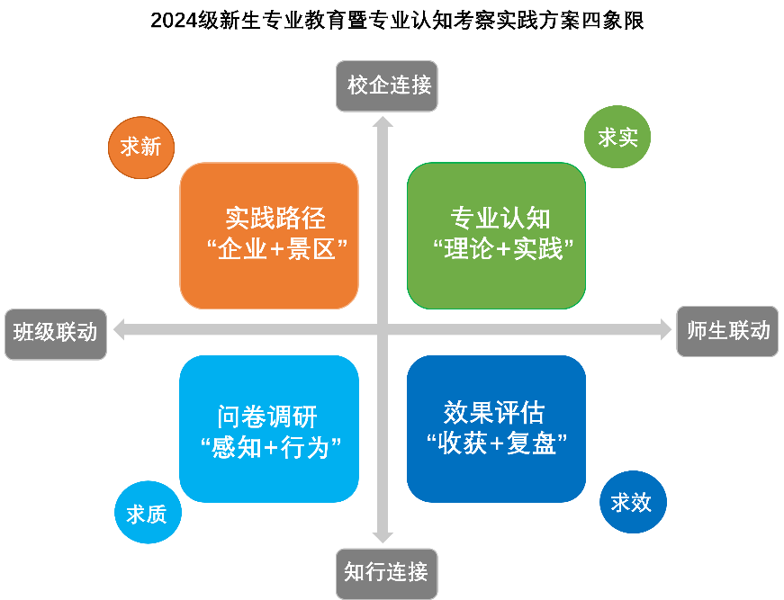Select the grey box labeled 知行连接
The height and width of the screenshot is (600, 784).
click(385, 571)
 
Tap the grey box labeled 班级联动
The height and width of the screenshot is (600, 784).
click(56, 333)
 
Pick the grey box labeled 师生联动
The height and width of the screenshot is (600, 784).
click(728, 330)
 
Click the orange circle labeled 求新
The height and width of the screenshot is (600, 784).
click(140, 147)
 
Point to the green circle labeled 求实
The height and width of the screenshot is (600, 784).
click(617, 138)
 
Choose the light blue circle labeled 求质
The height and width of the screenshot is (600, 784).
click(147, 514)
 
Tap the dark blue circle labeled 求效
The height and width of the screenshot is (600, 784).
click(632, 502)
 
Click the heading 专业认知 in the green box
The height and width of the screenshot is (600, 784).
click(500, 219)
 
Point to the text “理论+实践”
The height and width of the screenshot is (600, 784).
click(500, 249)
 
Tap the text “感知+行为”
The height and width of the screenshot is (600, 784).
click(269, 446)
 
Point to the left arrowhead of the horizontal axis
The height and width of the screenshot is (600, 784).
click(119, 330)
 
